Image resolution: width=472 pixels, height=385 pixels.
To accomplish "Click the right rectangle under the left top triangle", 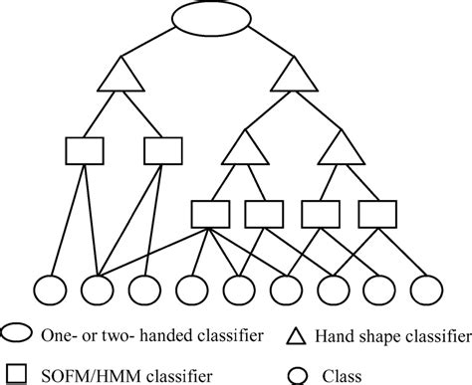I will (x=164, y=151).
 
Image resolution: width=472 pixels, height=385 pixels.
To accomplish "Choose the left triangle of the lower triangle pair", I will (x=239, y=149).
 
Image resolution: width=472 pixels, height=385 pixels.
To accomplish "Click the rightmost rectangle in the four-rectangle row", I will (x=377, y=212).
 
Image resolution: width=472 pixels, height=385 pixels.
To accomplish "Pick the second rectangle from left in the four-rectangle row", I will (x=264, y=212).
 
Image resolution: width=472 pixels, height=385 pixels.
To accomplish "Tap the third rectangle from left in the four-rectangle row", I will (x=321, y=212).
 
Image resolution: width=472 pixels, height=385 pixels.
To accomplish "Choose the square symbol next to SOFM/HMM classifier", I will (x=19, y=371).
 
